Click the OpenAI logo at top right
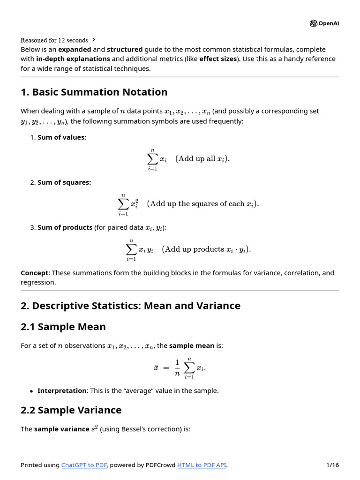[324, 23]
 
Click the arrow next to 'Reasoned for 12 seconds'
[94, 40]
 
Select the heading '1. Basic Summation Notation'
[94, 92]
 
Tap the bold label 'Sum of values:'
[62, 137]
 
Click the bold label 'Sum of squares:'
[64, 182]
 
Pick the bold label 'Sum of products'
[65, 227]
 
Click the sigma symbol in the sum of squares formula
[123, 204]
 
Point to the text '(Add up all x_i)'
[202, 158]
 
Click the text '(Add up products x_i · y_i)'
[206, 249]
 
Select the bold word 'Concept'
[34, 273]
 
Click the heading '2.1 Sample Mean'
[63, 327]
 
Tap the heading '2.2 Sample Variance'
[71, 410]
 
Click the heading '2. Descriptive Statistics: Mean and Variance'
[130, 306]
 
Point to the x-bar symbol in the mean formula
[156, 367]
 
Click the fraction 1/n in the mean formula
[177, 368]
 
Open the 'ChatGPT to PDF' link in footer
[84, 465]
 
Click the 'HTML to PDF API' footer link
[202, 465]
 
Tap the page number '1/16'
[332, 465]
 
